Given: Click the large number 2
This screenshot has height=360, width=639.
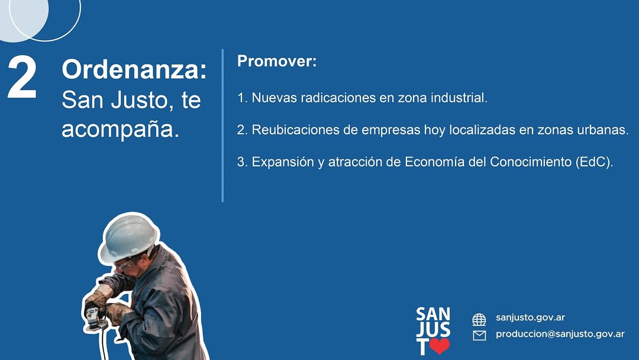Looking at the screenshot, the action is (22, 78).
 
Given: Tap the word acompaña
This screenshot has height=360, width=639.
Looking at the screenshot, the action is (121, 130).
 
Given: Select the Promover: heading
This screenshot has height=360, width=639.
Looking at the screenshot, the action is (277, 61).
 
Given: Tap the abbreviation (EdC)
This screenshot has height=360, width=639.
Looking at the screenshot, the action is (594, 162).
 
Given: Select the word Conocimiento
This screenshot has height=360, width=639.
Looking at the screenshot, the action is (531, 162).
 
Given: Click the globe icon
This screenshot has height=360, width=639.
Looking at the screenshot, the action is (479, 320).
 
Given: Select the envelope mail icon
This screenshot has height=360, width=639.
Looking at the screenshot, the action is (479, 336).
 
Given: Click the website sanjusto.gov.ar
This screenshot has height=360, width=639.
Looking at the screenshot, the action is (530, 317).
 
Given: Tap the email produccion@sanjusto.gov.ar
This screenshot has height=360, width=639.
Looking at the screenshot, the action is (560, 334).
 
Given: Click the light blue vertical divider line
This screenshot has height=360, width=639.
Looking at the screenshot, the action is (222, 126).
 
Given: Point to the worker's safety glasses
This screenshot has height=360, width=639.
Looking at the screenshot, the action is (124, 265).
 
